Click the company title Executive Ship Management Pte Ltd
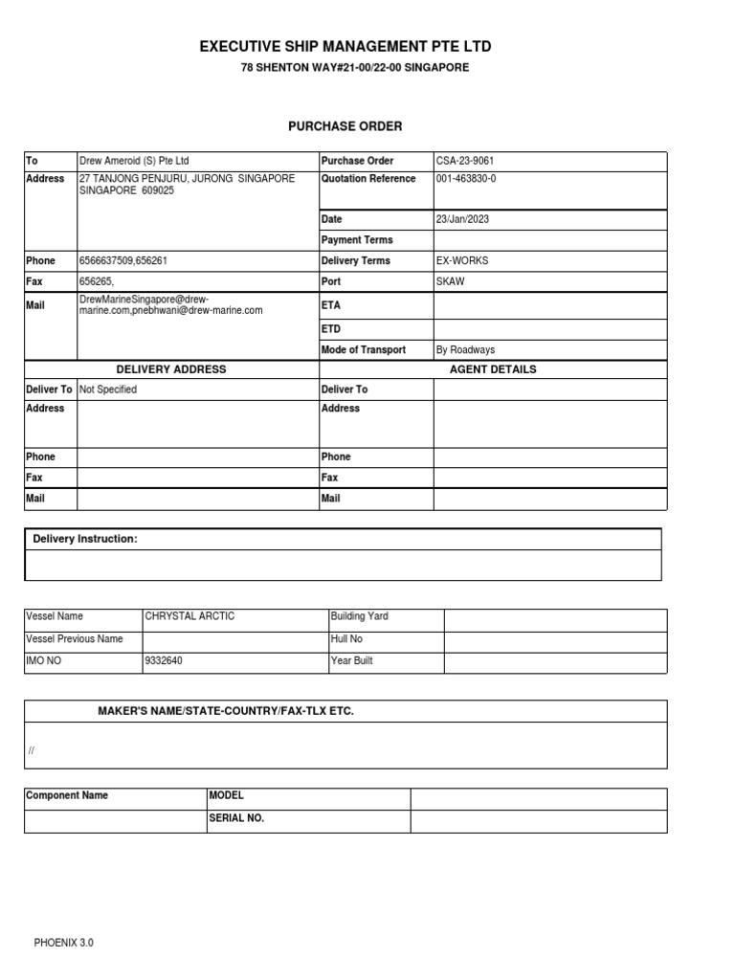click(x=345, y=47)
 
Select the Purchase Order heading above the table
click(x=345, y=126)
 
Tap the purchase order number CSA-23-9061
click(x=464, y=161)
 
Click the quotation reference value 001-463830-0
click(x=466, y=179)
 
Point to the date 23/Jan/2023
click(x=462, y=219)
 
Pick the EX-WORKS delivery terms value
click(x=462, y=260)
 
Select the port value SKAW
click(x=449, y=281)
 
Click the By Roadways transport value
click(x=465, y=350)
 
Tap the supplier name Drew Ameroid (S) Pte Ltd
click(x=127, y=161)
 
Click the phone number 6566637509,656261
click(x=126, y=260)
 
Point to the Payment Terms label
click(x=357, y=240)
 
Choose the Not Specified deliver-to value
click(x=108, y=390)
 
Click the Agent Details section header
click(x=493, y=369)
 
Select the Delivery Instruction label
click(x=85, y=540)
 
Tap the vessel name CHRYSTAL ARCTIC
click(x=189, y=616)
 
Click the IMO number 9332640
click(x=163, y=660)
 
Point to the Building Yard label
click(x=360, y=616)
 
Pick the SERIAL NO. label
click(x=236, y=818)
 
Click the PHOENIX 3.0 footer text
click(x=64, y=943)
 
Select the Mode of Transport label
click(x=364, y=350)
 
